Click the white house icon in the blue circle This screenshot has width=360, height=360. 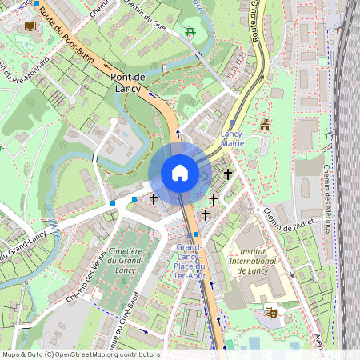[x=180, y=173]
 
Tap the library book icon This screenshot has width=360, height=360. [x=31, y=26]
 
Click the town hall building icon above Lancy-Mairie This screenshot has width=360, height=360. [x=265, y=125]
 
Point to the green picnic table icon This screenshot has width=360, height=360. [x=190, y=33]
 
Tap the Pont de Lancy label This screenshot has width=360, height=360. [x=129, y=82]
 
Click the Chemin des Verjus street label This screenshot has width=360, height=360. [x=89, y=283]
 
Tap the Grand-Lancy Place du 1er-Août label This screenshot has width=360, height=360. [x=190, y=262]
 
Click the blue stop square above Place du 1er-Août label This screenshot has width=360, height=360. [x=196, y=234]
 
